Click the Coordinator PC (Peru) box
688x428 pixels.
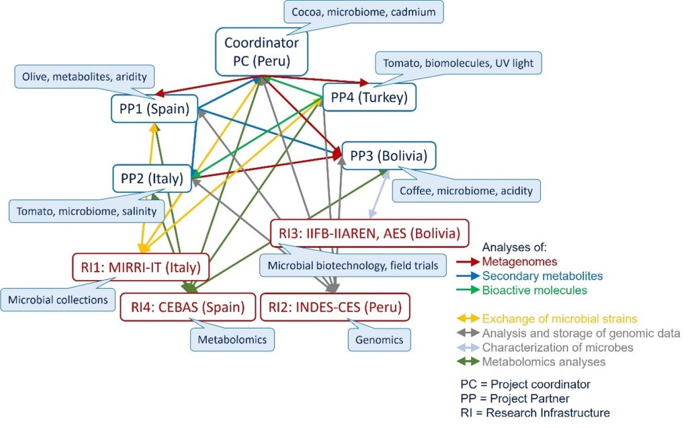pyautogui.click(x=262, y=51)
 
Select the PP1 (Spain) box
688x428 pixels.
pyautogui.click(x=155, y=109)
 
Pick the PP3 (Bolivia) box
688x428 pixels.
pyautogui.click(x=389, y=157)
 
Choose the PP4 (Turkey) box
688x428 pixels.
pyautogui.click(x=370, y=98)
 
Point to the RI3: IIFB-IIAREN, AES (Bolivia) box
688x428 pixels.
pyautogui.click(x=369, y=234)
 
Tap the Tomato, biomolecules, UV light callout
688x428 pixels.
pyautogui.click(x=458, y=63)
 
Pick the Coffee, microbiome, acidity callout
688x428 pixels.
pyautogui.click(x=466, y=191)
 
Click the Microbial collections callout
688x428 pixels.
pyautogui.click(x=58, y=300)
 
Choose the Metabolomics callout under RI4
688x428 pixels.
pyautogui.click(x=232, y=340)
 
